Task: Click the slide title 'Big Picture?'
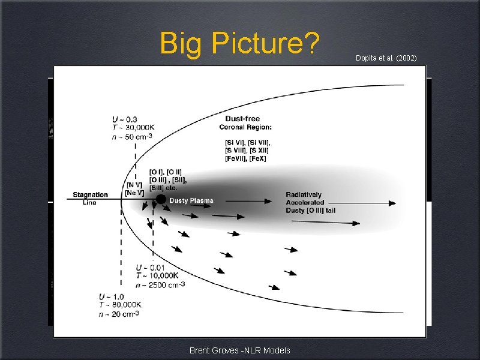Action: pyautogui.click(x=239, y=44)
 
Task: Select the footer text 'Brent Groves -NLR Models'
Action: pyautogui.click(x=239, y=350)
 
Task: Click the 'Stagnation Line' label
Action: pyautogui.click(x=90, y=198)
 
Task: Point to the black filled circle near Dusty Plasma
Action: pyautogui.click(x=161, y=199)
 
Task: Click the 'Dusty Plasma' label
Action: pyautogui.click(x=191, y=200)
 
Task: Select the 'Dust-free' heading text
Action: pyautogui.click(x=242, y=119)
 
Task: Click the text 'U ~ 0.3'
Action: pyautogui.click(x=125, y=119)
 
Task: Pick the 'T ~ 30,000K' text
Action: pyautogui.click(x=133, y=127)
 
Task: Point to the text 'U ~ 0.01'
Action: pyautogui.click(x=150, y=267)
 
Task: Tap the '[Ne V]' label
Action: pyautogui.click(x=134, y=193)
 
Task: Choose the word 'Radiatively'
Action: pyautogui.click(x=304, y=194)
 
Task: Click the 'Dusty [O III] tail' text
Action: pyautogui.click(x=313, y=210)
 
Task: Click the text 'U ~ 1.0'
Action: pyautogui.click(x=112, y=296)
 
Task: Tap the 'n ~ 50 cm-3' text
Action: pyautogui.click(x=131, y=136)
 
